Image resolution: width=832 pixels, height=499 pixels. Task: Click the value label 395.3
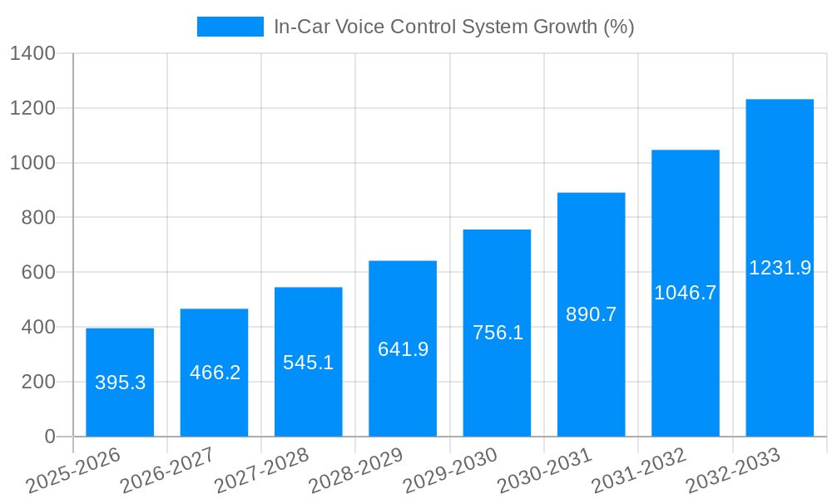click(x=120, y=383)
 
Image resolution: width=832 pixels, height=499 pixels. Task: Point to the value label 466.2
click(x=215, y=373)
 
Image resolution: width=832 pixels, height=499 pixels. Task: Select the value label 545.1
click(x=309, y=363)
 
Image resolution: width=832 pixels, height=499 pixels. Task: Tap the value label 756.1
click(x=498, y=333)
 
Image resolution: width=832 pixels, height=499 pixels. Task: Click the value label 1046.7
click(x=686, y=293)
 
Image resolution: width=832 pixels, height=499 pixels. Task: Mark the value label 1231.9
click(x=780, y=268)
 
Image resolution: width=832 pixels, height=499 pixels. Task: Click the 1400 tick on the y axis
click(x=32, y=54)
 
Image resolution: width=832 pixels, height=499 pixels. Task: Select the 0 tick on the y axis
click(x=49, y=437)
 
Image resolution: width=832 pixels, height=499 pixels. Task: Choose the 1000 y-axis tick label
click(x=32, y=163)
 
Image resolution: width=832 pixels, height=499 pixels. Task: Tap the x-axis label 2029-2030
click(x=451, y=471)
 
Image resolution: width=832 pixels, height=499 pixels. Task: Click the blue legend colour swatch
click(x=230, y=27)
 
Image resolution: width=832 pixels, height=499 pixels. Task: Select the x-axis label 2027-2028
click(x=262, y=471)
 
